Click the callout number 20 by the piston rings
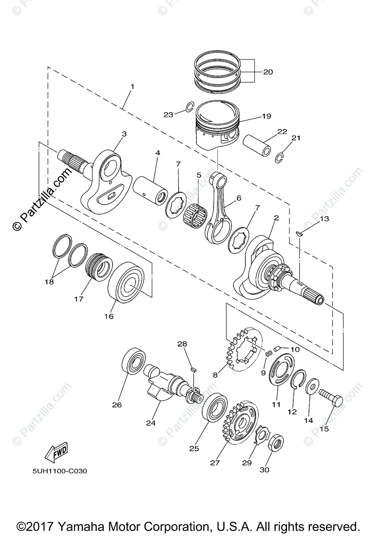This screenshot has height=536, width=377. (268, 72)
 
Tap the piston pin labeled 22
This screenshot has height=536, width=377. (257, 146)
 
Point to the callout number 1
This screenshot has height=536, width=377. (132, 86)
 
